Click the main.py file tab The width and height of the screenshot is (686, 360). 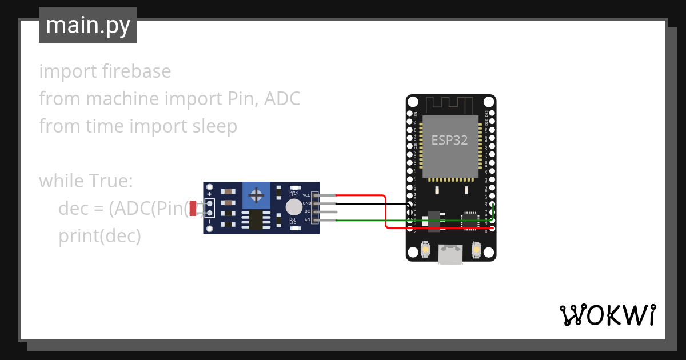[87, 26]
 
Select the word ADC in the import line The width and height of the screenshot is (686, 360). [282, 99]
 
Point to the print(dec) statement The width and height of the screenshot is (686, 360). [99, 236]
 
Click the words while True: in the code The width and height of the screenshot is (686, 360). [86, 181]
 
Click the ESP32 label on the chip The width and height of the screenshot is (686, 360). [449, 141]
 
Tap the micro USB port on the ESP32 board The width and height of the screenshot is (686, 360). [451, 254]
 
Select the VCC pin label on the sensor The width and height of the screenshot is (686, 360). [306, 195]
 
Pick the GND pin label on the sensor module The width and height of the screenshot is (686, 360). [306, 203]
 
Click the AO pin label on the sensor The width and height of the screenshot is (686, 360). [307, 220]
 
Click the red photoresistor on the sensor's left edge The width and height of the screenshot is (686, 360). [193, 209]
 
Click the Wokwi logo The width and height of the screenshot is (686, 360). [607, 315]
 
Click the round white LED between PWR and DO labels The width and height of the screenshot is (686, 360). [294, 207]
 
